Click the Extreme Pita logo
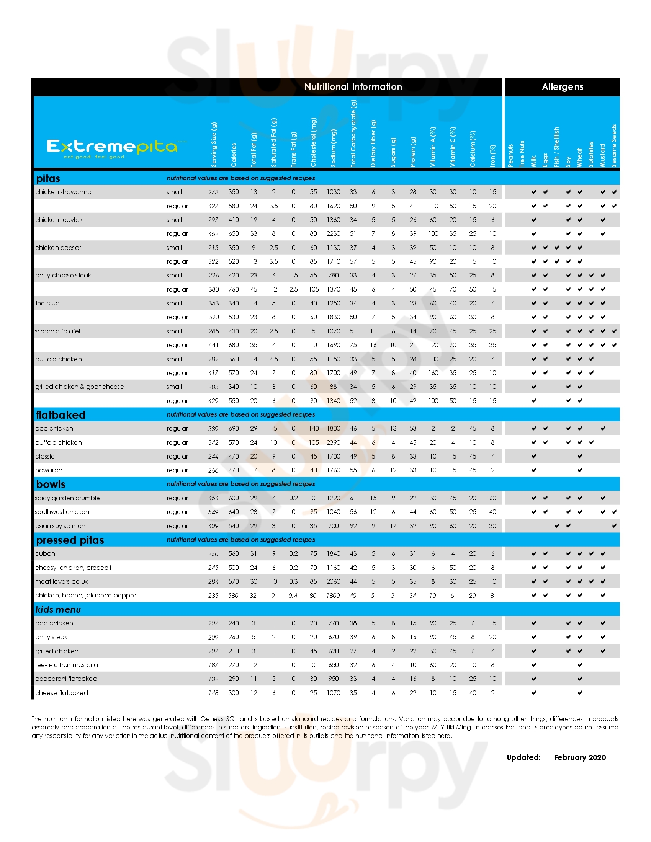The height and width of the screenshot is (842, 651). coord(112,148)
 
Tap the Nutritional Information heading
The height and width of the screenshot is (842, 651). coord(353,87)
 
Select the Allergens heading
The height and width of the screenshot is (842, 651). coord(562,87)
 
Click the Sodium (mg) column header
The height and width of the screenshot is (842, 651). coord(334,148)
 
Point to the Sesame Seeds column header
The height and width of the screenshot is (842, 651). coord(614,145)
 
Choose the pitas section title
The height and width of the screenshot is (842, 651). coord(48,178)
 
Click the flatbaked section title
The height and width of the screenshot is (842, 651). coord(61,415)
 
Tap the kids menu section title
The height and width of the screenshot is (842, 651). coord(58,610)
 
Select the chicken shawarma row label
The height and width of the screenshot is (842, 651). coord(63,192)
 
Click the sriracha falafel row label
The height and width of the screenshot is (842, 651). coord(57,331)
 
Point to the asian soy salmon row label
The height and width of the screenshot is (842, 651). coord(60,526)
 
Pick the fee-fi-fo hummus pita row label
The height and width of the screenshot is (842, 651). coord(66,665)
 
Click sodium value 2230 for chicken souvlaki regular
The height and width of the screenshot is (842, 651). coord(333,233)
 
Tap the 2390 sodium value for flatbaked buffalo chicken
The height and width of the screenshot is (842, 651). coord(333,442)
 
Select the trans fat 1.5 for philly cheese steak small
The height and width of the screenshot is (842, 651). coord(293,275)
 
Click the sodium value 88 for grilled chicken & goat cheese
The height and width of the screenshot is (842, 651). coord(333,387)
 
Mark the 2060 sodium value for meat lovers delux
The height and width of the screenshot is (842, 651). coord(333,581)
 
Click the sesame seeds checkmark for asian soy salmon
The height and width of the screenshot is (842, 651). coord(614,526)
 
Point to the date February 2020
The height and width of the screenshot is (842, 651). coord(580,757)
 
